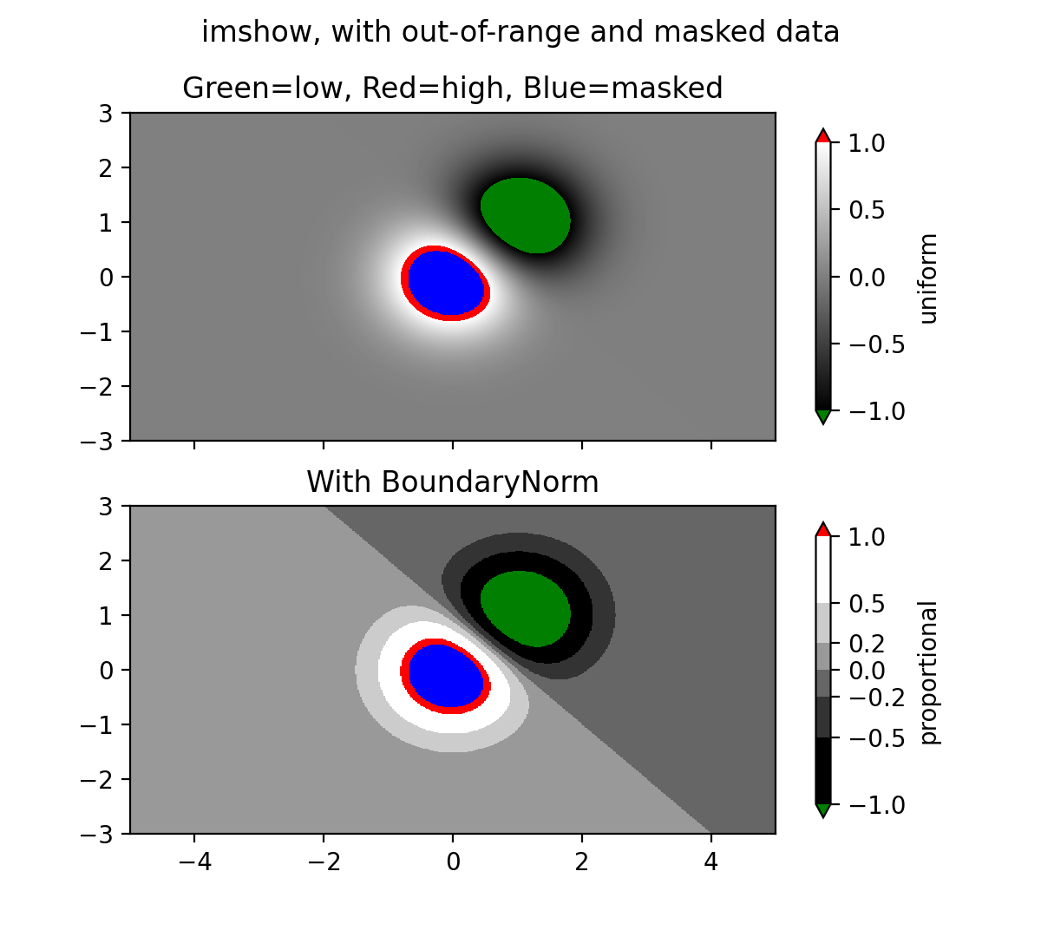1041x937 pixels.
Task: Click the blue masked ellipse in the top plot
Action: point(446,283)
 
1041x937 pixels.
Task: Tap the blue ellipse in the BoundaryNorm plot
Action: point(446,676)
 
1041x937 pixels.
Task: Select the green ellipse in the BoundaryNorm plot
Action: point(526,608)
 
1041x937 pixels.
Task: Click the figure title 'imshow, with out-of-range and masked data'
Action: point(520,32)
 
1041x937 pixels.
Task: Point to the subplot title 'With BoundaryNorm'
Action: point(452,482)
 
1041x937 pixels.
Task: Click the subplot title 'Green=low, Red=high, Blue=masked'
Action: point(452,88)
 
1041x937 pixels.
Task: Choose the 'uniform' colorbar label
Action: point(929,278)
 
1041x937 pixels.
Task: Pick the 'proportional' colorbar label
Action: point(929,672)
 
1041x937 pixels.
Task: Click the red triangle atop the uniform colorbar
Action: point(823,136)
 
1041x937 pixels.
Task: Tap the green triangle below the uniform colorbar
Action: point(823,416)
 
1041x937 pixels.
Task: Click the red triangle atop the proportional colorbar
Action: point(823,529)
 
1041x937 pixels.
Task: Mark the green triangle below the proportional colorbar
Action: point(823,810)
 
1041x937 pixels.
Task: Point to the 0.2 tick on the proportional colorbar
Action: point(867,644)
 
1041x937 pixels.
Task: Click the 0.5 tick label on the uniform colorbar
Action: point(867,210)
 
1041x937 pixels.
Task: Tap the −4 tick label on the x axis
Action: point(193,862)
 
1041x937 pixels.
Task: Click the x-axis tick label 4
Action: point(711,862)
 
